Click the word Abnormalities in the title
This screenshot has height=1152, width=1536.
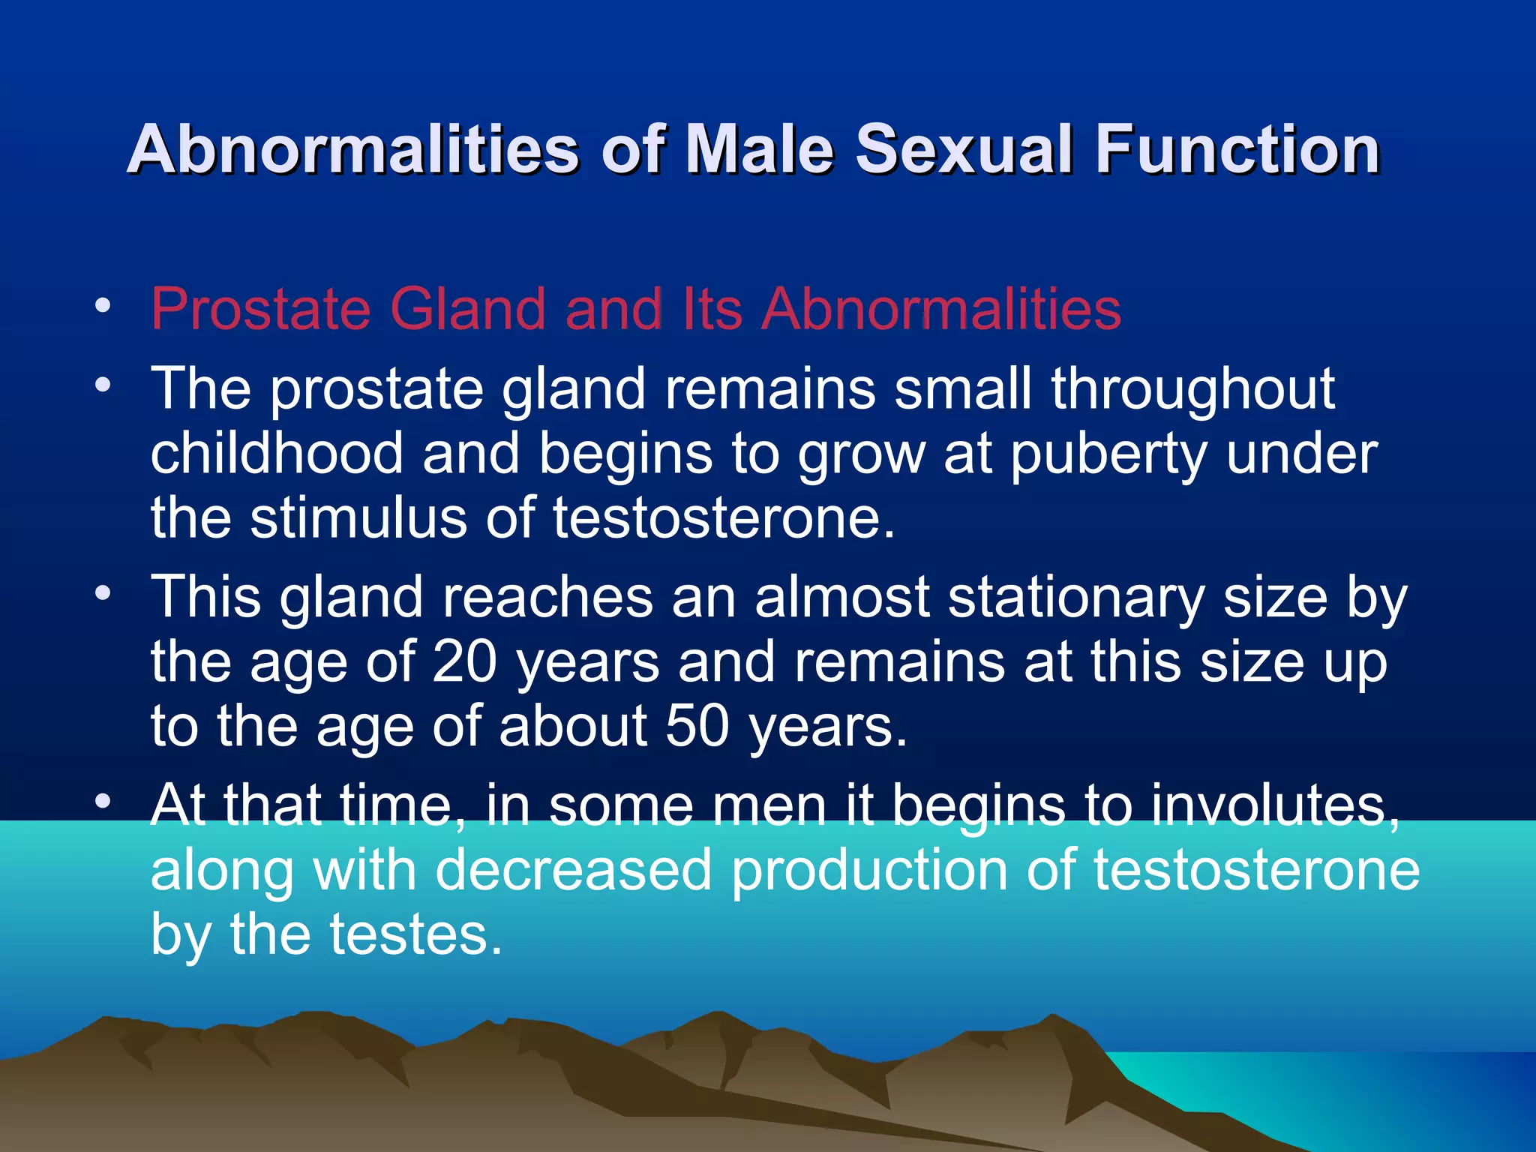[x=352, y=149]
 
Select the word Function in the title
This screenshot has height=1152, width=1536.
[x=1237, y=149]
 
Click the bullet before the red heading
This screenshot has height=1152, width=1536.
[x=103, y=306]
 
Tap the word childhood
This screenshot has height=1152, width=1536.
[x=277, y=454]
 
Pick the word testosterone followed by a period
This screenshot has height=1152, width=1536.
[x=724, y=518]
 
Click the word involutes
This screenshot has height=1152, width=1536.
[x=1275, y=805]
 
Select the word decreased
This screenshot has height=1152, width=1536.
[x=573, y=870]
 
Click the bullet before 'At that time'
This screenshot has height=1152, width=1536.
[x=103, y=801]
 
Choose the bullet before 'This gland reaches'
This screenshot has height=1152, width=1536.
[x=103, y=593]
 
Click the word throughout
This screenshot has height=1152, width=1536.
[x=1192, y=390]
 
